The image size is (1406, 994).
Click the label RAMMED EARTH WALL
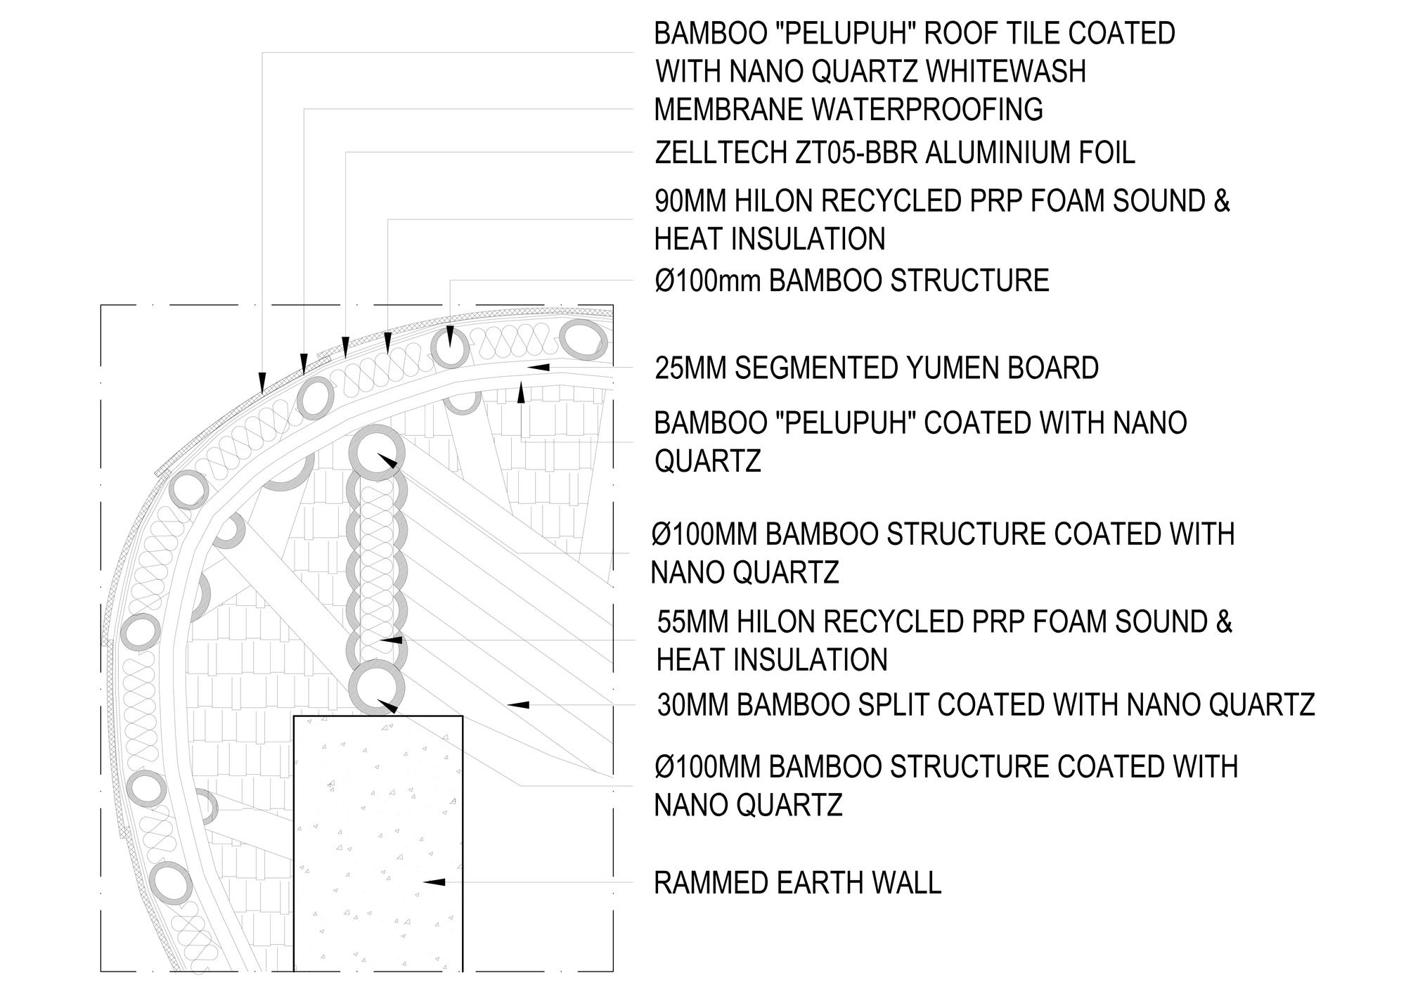(797, 883)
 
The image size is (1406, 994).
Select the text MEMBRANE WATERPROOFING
(849, 110)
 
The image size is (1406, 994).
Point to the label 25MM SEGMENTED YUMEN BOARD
(877, 368)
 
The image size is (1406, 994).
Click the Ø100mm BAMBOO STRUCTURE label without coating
(851, 280)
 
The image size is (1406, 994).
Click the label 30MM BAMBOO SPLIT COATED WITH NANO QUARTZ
(986, 704)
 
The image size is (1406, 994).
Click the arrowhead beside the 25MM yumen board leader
(538, 367)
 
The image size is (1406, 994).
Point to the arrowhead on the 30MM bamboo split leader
(518, 704)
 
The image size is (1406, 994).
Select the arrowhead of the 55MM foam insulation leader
(391, 640)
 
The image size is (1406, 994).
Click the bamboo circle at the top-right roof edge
(583, 342)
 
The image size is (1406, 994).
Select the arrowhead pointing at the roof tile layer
(262, 382)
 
